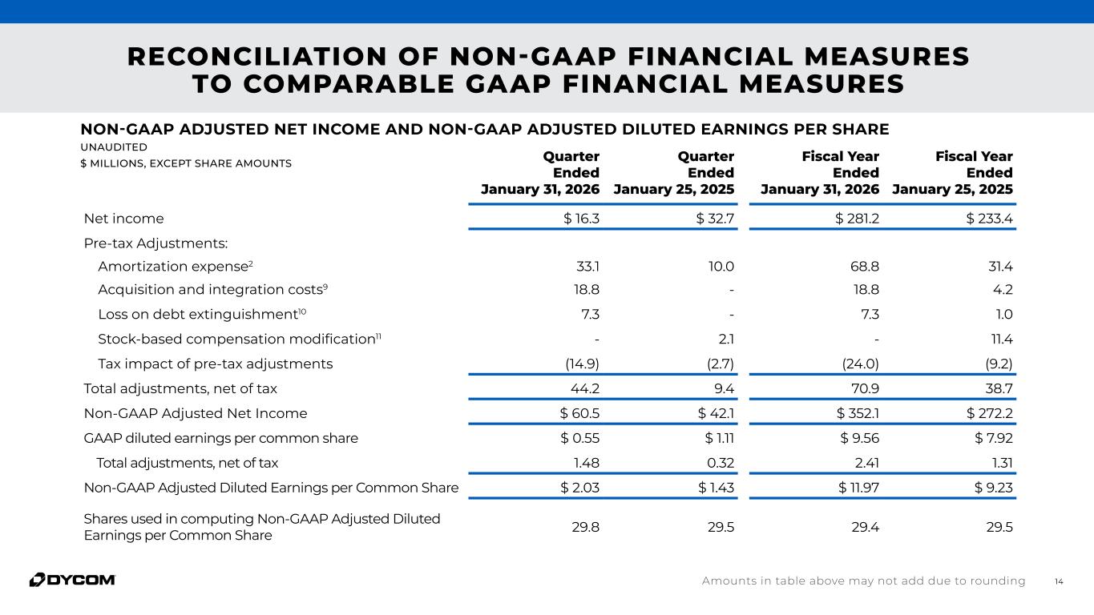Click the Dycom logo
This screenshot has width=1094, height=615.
(72, 580)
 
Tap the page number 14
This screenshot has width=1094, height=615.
(1059, 581)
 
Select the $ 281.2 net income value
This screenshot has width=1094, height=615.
(857, 219)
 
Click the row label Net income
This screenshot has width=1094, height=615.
(123, 219)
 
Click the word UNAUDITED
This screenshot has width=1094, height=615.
(113, 147)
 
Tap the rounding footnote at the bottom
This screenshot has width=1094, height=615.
(863, 581)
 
